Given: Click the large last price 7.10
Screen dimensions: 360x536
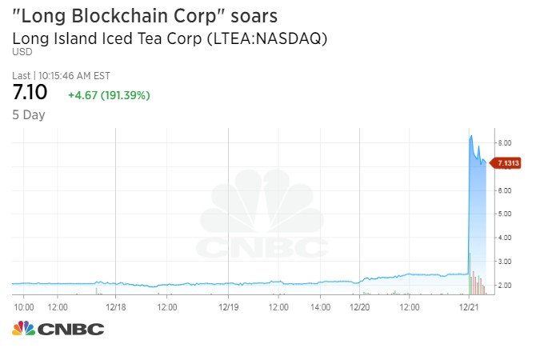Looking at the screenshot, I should tap(30, 93).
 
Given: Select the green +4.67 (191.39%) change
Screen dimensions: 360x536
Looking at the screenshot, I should tap(109, 95).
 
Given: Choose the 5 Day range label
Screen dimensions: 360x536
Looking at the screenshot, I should tap(29, 115).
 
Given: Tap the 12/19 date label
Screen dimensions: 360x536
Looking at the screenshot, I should tap(229, 306).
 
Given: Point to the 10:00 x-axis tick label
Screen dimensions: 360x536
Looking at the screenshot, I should tap(23, 306).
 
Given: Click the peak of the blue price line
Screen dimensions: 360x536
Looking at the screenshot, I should tap(471, 136).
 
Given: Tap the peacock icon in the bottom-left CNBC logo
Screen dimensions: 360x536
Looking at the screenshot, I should tap(23, 328).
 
